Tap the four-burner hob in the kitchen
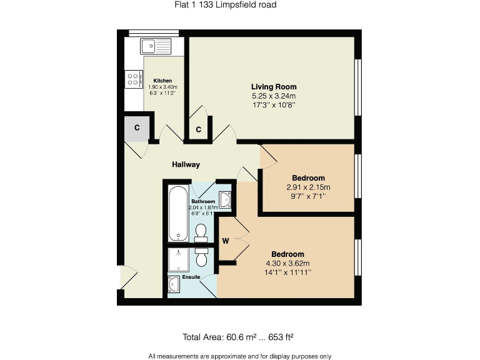pos(133,79)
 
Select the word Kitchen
pos(162,81)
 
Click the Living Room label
pos(274,87)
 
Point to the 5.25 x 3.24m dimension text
pos(274,96)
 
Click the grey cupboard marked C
pos(137,128)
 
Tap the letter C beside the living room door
pos(198,130)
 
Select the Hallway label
pos(186,164)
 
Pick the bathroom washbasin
pos(226,200)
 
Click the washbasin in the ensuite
pos(174,286)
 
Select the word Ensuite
pos(192,276)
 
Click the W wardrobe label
pos(226,239)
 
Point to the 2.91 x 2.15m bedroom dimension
pos(308,187)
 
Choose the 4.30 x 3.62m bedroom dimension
pos(287,263)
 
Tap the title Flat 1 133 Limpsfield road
pos(225,5)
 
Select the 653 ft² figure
pos(281,337)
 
